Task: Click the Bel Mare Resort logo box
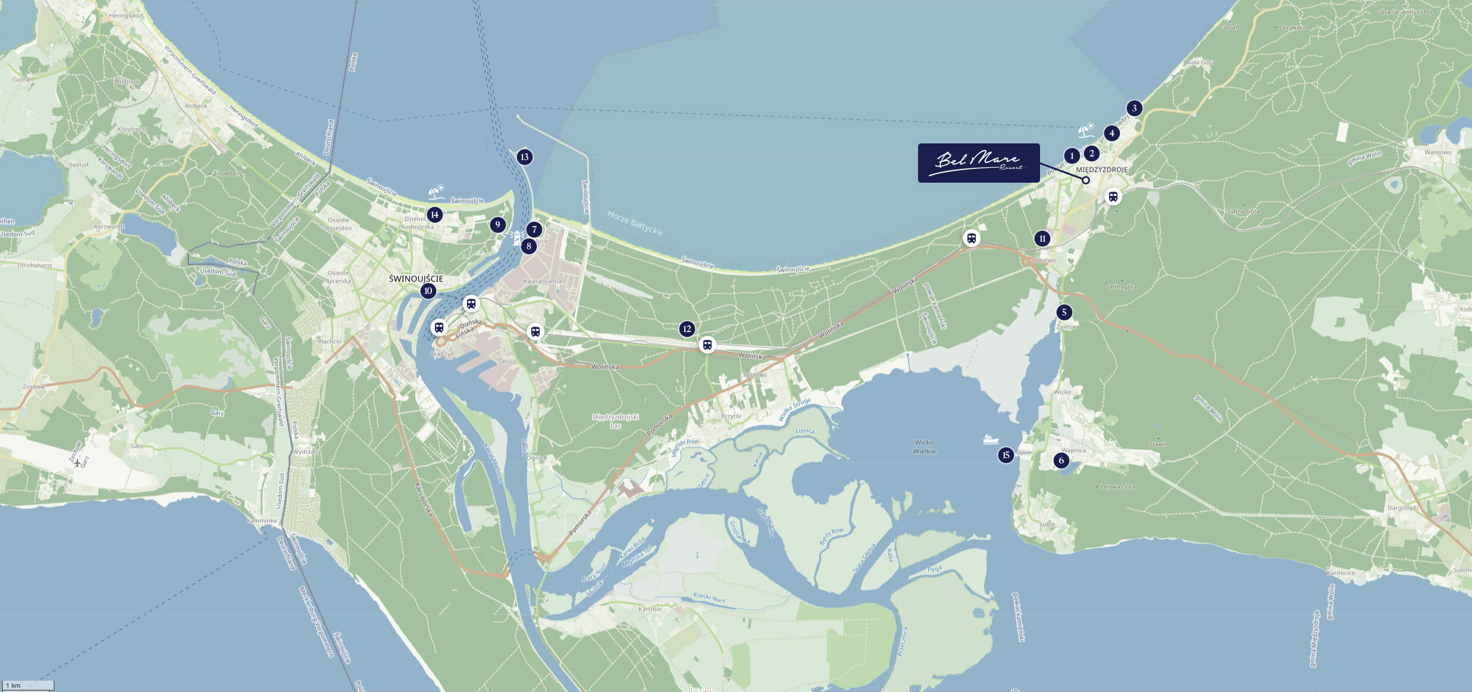(x=978, y=162)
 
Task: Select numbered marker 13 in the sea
(x=524, y=157)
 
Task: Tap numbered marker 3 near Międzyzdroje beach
(x=1134, y=108)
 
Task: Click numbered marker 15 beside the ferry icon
(x=1006, y=455)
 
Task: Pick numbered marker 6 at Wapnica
(x=1061, y=461)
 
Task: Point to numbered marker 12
(x=687, y=329)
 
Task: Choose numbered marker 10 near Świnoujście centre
(x=428, y=291)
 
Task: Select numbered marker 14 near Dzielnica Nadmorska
(x=434, y=215)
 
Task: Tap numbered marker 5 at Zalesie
(x=1064, y=312)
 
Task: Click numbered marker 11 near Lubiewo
(x=1042, y=239)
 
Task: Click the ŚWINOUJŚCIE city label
(x=416, y=278)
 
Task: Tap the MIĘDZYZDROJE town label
(x=1101, y=170)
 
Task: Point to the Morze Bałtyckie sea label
(x=635, y=223)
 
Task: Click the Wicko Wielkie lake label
(x=924, y=447)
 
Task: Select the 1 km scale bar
(x=27, y=685)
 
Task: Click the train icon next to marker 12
(x=707, y=345)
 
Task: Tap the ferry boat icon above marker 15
(x=991, y=439)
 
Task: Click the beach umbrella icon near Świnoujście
(x=437, y=192)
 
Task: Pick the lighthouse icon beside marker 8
(x=516, y=237)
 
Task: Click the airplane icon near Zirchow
(x=77, y=464)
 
